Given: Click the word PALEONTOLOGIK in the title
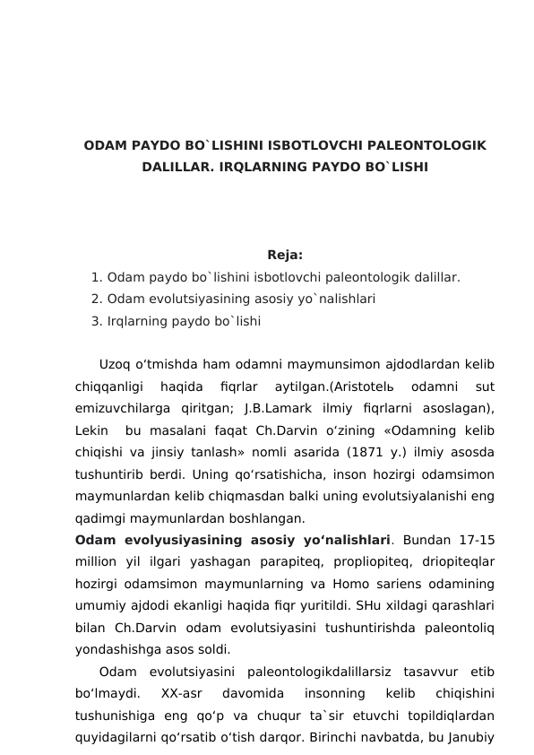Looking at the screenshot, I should (436, 145).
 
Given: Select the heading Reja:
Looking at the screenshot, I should (285, 255).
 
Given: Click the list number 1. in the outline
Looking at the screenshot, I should (97, 278).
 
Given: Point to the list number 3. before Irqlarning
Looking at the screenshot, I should (97, 320).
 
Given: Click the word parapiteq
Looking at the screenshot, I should (274, 563).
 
